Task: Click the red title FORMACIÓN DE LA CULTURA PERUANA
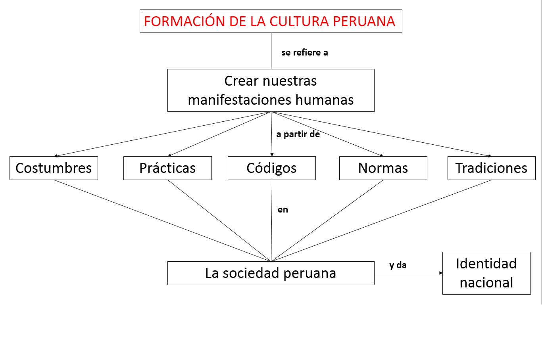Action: click(271, 21)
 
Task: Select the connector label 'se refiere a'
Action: click(305, 53)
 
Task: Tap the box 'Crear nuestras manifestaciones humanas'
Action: click(271, 90)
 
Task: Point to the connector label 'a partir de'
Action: click(298, 134)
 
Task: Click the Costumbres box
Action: click(54, 168)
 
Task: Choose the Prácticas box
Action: click(167, 168)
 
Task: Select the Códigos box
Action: click(271, 168)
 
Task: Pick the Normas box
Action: click(383, 168)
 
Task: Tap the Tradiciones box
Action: click(491, 168)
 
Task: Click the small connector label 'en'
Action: click(283, 210)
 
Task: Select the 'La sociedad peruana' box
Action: click(271, 273)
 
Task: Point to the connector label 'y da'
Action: click(398, 265)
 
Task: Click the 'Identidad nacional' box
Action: click(486, 273)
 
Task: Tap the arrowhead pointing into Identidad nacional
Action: click(440, 273)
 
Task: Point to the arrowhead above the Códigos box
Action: click(272, 155)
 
